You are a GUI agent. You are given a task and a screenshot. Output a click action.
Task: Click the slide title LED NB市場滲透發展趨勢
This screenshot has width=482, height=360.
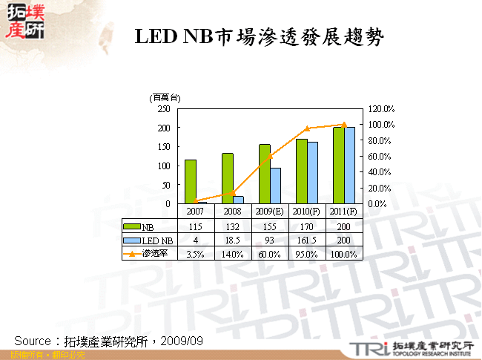coord(259,38)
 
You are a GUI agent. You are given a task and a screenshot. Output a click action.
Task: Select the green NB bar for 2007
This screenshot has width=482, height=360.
coord(191,181)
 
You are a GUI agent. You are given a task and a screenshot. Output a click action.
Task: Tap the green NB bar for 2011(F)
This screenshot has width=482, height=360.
coord(338,165)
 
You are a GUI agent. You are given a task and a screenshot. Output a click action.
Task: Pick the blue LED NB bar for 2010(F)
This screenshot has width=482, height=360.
coord(312,172)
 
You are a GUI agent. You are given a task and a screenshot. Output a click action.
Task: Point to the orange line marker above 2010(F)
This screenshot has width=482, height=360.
coord(307,128)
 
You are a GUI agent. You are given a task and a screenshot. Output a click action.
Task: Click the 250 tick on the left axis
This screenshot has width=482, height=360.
coord(163,108)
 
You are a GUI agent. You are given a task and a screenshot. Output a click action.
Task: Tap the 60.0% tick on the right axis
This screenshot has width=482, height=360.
coord(381,156)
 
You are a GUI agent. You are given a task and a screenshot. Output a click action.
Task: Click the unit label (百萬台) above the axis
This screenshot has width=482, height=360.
coord(165,97)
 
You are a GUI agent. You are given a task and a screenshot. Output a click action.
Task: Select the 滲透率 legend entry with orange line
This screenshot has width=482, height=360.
coord(149,253)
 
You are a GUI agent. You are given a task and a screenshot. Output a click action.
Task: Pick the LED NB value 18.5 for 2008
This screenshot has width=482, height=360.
coord(233,240)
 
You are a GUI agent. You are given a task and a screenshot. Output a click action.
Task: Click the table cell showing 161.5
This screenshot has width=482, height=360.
coord(307,240)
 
